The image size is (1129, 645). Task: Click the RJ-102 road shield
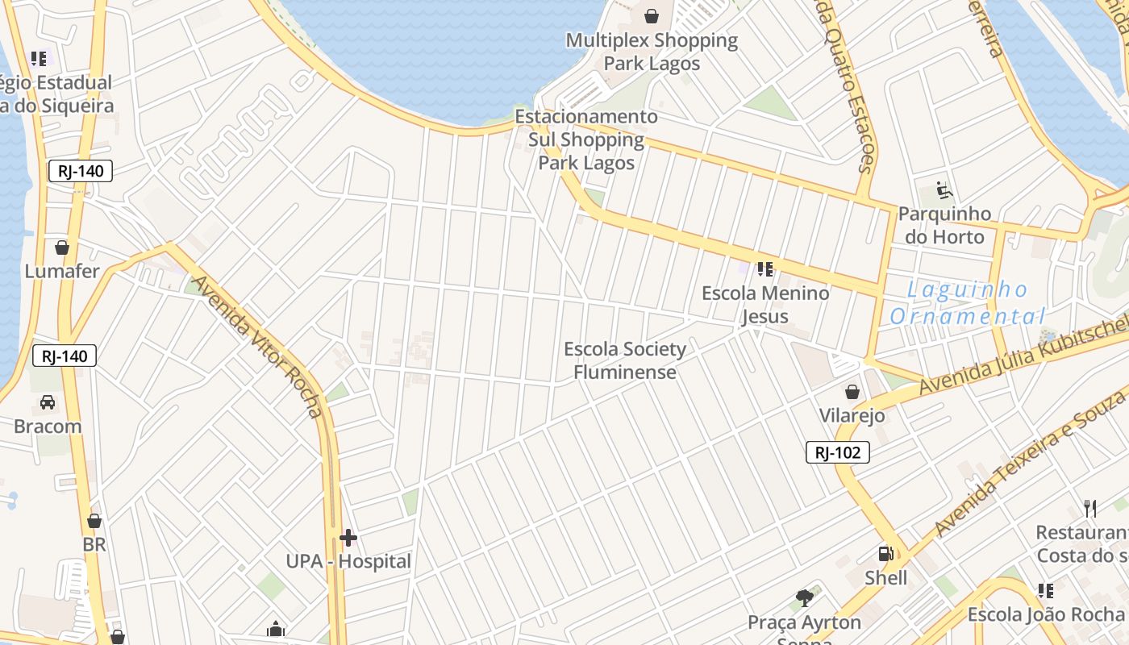(x=838, y=452)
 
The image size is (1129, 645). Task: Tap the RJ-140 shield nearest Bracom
(x=65, y=356)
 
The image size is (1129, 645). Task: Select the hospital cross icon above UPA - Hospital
(x=348, y=538)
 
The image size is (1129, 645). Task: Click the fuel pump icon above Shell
(x=885, y=554)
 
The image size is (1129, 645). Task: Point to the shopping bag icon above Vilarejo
(x=852, y=393)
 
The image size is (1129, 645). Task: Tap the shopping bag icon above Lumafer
(x=61, y=248)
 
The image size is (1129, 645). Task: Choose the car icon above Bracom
(x=48, y=402)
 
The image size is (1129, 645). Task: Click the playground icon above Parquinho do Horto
(x=944, y=191)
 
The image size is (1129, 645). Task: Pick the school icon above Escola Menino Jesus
(x=764, y=268)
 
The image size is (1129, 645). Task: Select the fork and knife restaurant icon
(x=1090, y=508)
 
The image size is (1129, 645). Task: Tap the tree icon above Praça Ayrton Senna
(x=804, y=598)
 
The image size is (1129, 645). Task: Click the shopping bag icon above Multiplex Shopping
(x=652, y=16)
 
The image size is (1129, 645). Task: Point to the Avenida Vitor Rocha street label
(x=258, y=347)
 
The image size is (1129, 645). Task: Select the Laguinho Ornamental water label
(x=968, y=302)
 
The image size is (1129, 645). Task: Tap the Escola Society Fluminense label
(x=625, y=360)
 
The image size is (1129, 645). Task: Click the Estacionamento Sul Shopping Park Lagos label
(x=586, y=139)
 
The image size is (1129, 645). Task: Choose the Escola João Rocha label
(x=1046, y=614)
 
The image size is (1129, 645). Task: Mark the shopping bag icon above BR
(x=94, y=522)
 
